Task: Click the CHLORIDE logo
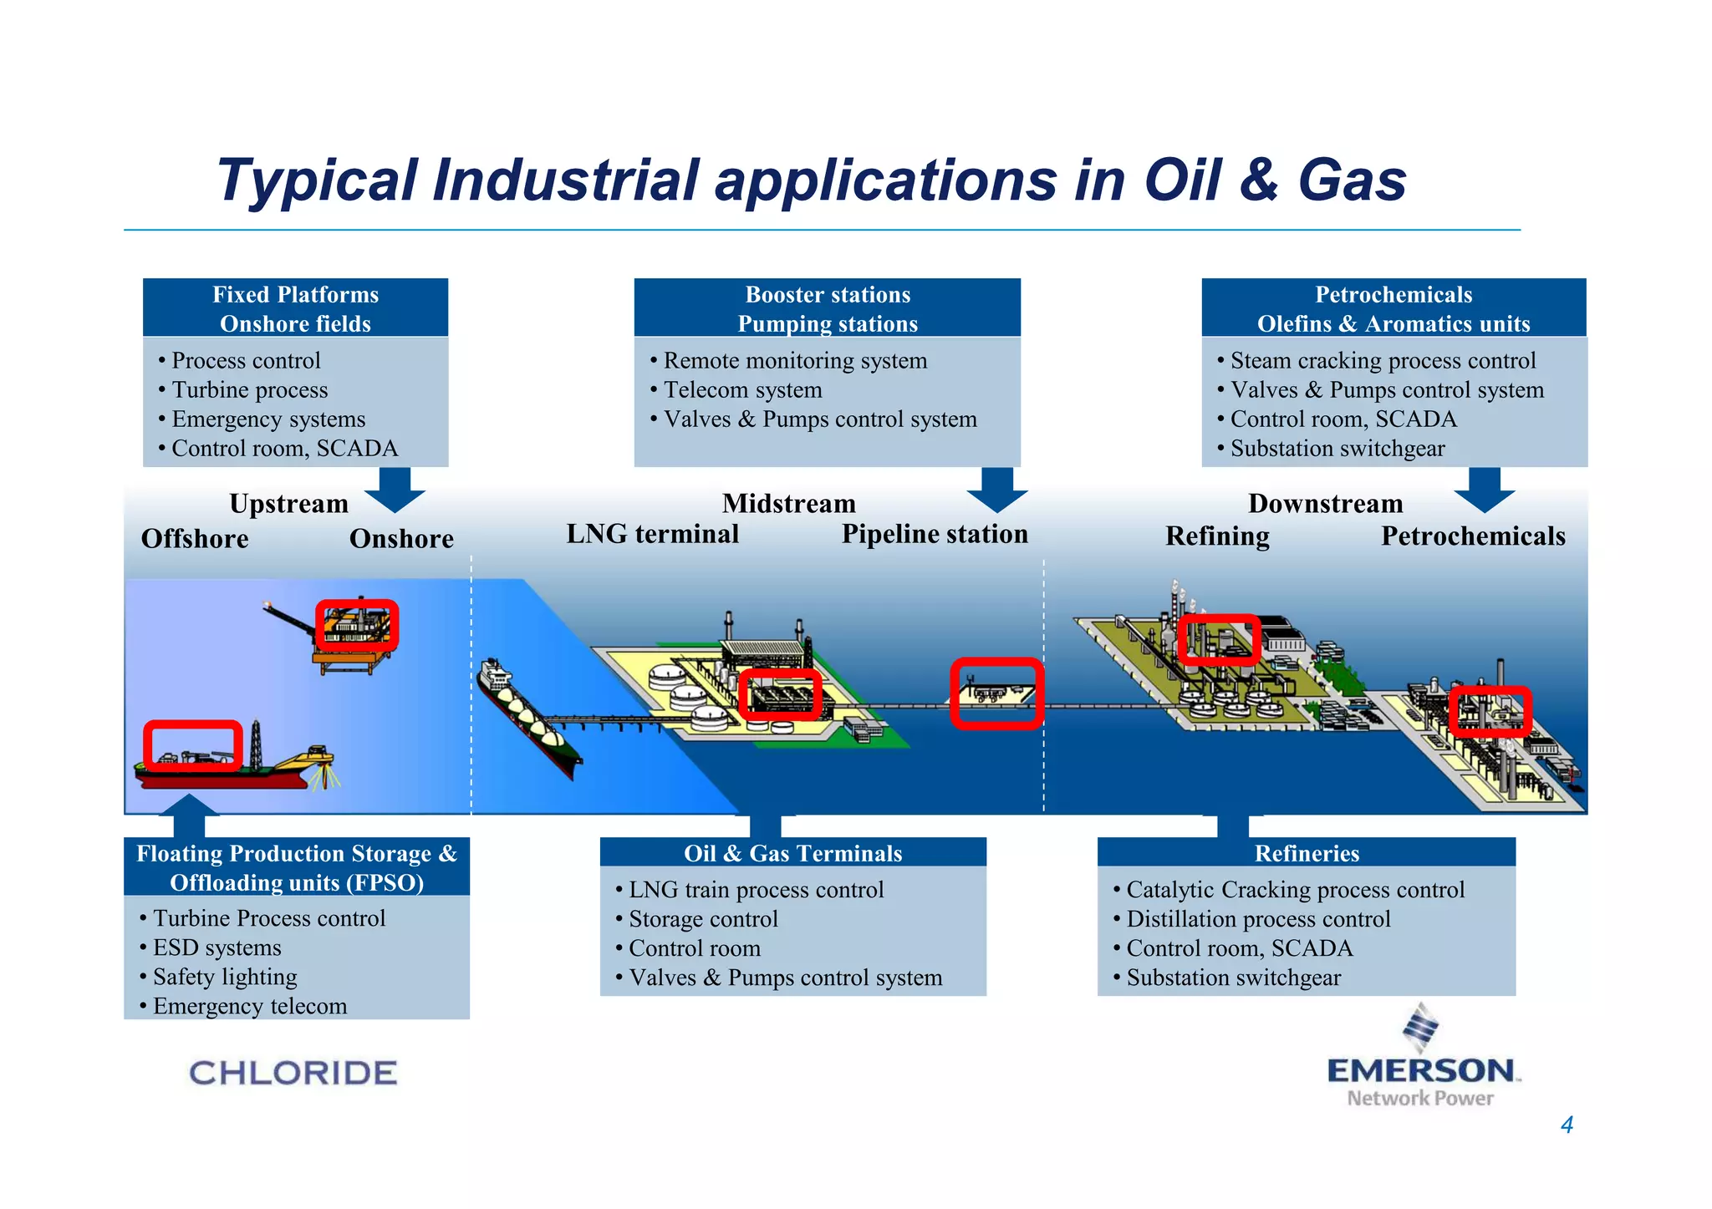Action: click(x=293, y=1073)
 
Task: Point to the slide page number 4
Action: click(x=1567, y=1125)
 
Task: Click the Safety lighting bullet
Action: click(x=225, y=977)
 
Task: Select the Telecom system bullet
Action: click(x=742, y=390)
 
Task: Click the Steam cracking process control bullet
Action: click(x=1383, y=361)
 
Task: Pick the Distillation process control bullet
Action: click(x=1258, y=919)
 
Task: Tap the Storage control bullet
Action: click(x=703, y=919)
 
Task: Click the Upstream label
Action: click(x=288, y=504)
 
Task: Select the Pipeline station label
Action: click(x=935, y=534)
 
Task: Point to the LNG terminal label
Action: click(x=653, y=534)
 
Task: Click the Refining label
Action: click(x=1217, y=536)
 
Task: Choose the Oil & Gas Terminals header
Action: click(x=792, y=853)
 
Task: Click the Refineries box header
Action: click(x=1307, y=853)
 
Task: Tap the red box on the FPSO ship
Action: click(x=193, y=744)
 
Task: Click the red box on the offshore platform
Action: click(x=357, y=625)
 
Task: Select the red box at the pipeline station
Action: click(x=996, y=693)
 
